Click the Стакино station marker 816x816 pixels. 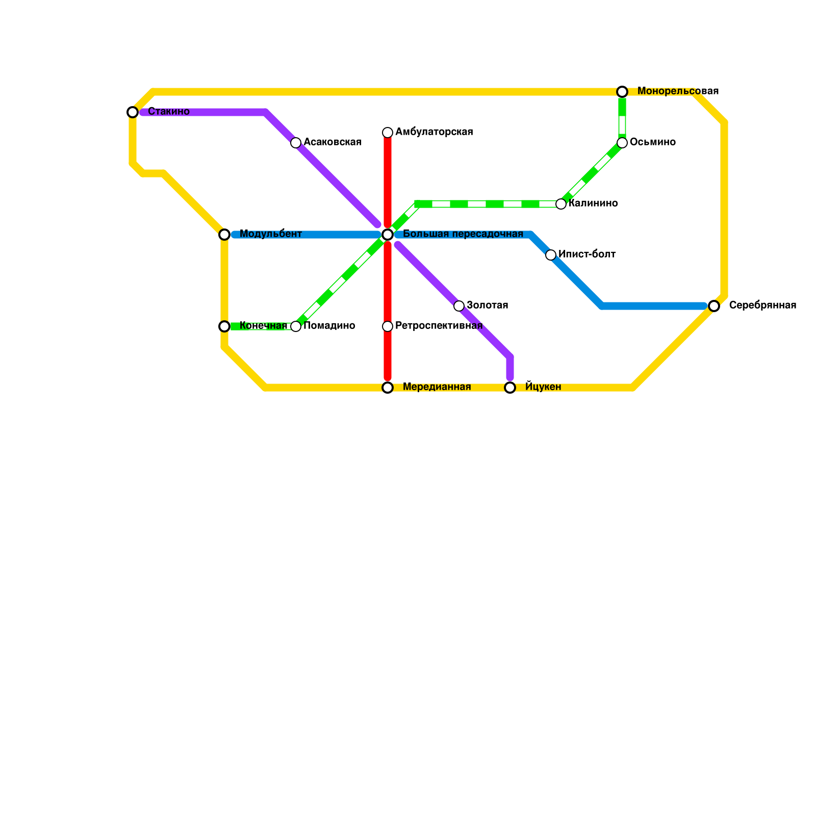tap(133, 112)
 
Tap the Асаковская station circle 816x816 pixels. tap(296, 143)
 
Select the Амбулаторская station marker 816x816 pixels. tap(388, 133)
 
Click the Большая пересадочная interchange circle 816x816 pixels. tap(388, 235)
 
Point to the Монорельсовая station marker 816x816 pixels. tap(622, 92)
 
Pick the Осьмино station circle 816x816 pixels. tap(622, 143)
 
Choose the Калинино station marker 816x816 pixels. tap(561, 204)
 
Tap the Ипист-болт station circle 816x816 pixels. tap(551, 255)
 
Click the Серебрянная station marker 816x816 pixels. tap(714, 306)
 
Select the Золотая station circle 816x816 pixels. tap(459, 306)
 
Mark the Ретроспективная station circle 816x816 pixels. tap(388, 326)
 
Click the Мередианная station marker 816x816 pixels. tap(388, 388)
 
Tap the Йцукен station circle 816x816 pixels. tap(510, 388)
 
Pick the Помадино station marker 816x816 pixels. tap(296, 326)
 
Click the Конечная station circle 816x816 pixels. tap(224, 326)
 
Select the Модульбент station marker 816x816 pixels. tap(224, 235)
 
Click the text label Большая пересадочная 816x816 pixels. tap(463, 234)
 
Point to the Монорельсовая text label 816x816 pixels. tap(678, 91)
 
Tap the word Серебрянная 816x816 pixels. tap(762, 305)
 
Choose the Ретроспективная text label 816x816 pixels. tap(439, 326)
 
